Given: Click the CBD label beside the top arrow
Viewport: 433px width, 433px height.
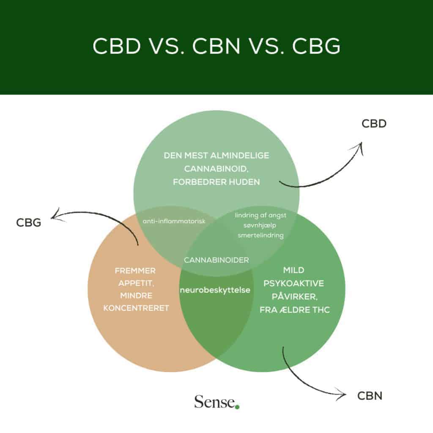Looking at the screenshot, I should [374, 124].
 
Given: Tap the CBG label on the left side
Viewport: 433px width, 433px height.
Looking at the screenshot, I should [29, 222].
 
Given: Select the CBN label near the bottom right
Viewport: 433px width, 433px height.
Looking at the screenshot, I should [370, 396].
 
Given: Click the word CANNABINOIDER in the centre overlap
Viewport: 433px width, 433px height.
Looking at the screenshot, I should [216, 260].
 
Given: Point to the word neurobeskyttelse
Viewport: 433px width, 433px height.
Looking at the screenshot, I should [215, 290].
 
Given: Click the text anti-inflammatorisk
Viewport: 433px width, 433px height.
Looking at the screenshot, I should [174, 221].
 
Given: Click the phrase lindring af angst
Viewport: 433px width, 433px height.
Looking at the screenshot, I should [260, 215].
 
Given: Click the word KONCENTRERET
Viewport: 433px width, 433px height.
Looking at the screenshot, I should [136, 308].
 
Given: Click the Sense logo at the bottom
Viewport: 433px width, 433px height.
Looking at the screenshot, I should [214, 402].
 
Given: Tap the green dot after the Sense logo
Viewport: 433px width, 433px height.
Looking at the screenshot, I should [237, 407].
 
